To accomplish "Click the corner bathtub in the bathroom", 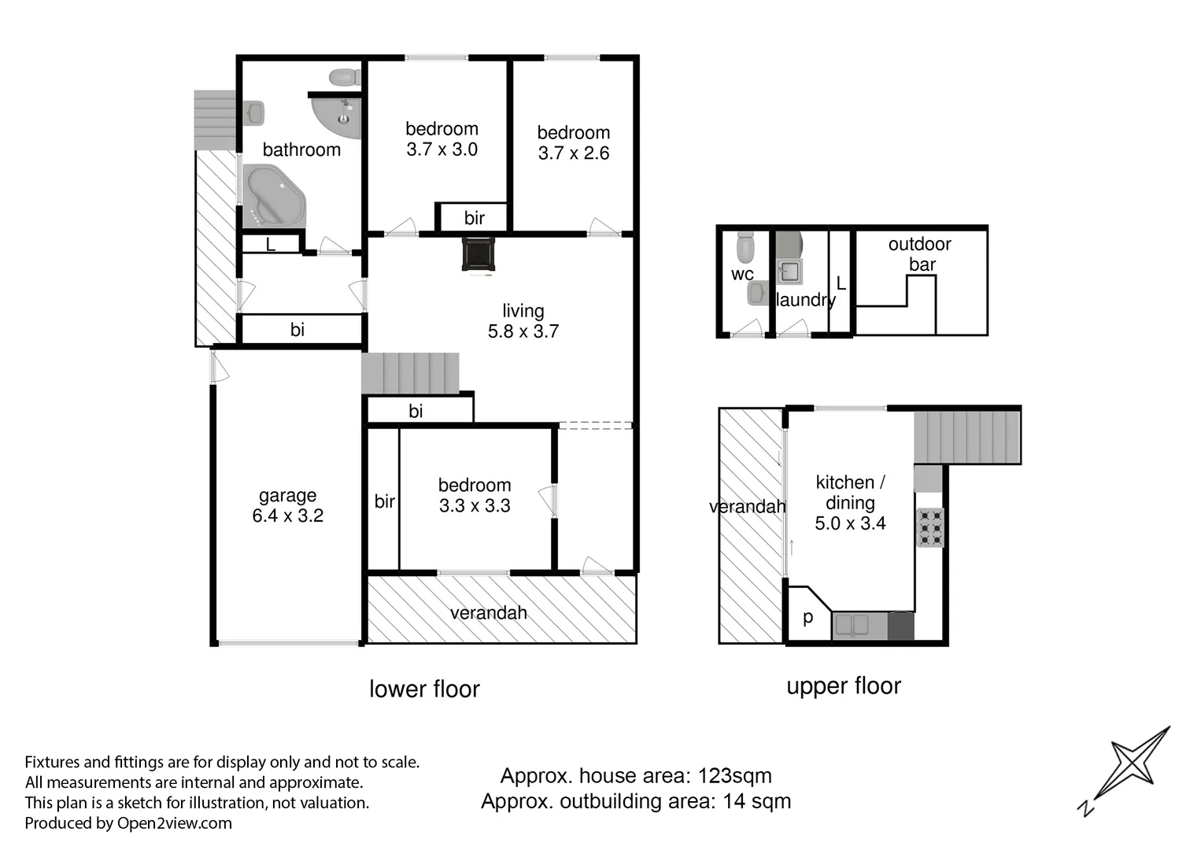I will [x=272, y=196].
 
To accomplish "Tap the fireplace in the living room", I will [x=479, y=254].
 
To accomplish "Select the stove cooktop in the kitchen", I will [x=929, y=527].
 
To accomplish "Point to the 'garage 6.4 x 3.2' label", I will [x=287, y=505].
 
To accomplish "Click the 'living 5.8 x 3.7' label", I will [x=523, y=321].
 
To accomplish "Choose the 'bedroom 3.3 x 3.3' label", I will [x=475, y=495].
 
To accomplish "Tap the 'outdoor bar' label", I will [x=920, y=254].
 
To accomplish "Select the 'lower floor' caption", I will [x=424, y=689].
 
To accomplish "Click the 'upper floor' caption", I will [x=843, y=686].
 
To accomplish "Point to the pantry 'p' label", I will [x=807, y=617].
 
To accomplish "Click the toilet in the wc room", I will [x=745, y=249].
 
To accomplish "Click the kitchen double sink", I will [x=851, y=626].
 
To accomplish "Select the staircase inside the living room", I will [x=410, y=373].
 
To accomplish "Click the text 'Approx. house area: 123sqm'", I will [x=636, y=776].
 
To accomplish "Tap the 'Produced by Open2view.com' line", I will [x=128, y=823].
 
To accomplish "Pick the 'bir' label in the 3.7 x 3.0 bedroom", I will [x=474, y=218].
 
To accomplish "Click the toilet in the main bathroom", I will [x=344, y=77].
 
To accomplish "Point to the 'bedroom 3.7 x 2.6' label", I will [x=573, y=142].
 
